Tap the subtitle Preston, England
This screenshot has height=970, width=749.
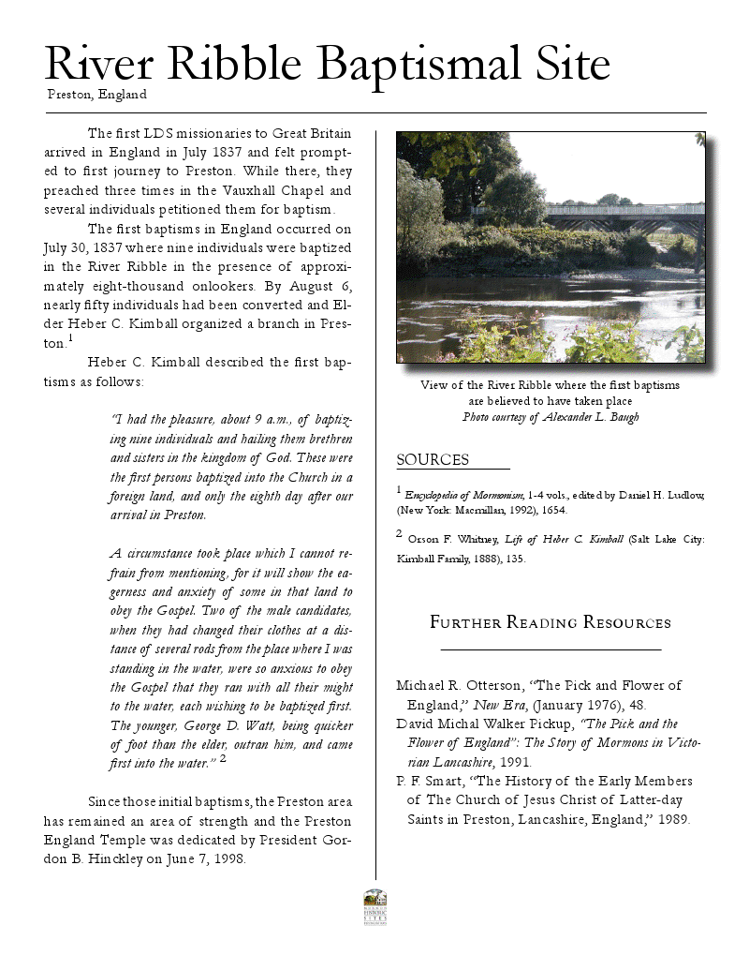tap(96, 94)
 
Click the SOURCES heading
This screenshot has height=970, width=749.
tap(433, 459)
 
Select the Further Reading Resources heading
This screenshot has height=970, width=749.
tap(551, 622)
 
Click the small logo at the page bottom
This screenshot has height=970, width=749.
tap(374, 906)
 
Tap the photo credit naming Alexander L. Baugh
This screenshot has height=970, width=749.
tap(551, 417)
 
